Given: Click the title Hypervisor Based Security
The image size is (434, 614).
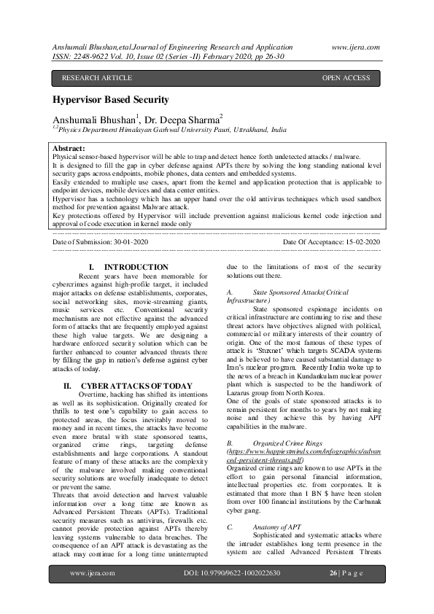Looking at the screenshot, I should pos(110,100).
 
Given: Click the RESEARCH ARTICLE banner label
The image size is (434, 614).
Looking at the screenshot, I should pos(97,78).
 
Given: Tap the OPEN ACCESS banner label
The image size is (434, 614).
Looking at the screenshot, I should pos(346,78).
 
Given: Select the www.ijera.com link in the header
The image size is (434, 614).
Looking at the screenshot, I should pos(356,47).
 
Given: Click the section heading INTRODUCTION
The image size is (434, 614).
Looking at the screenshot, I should pos(136,268).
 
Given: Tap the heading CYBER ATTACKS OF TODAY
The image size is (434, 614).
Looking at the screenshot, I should pos(136,385).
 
